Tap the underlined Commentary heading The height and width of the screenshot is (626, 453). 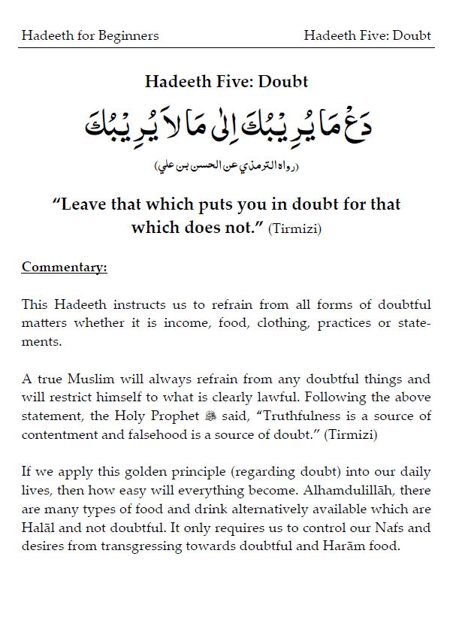tap(64, 267)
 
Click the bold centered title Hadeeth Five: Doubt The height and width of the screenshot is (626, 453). tap(226, 82)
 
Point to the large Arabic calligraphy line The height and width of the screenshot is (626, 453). tap(226, 126)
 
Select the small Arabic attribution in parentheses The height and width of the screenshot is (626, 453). tap(226, 165)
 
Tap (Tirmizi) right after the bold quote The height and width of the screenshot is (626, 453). tap(295, 229)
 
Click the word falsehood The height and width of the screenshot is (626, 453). tap(127, 434)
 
